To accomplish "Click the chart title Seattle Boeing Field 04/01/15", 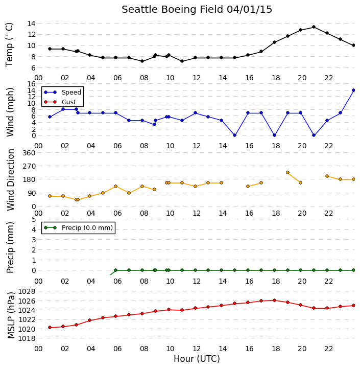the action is (197, 10).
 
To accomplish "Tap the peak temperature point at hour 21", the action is (314, 27).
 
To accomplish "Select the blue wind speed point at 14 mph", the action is (354, 90).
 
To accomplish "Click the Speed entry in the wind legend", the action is (62, 92).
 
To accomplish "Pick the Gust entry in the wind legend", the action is (60, 102).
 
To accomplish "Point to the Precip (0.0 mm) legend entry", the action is (78, 227).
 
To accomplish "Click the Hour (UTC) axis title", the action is (197, 359).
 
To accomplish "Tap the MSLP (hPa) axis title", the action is (11, 315).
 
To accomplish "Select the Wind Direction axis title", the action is (11, 180).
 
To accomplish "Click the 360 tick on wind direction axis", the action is (29, 153).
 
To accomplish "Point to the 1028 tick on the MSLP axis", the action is (27, 291).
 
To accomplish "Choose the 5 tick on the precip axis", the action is (34, 219).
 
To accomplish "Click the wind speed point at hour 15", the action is (234, 135).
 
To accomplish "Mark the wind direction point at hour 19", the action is (288, 173).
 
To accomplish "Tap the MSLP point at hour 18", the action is (274, 300).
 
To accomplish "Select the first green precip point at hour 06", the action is (115, 270).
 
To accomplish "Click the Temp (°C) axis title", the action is (9, 45).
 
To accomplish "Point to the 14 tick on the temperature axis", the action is (31, 24).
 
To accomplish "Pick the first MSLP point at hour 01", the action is (50, 328).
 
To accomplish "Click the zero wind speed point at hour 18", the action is (274, 135).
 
